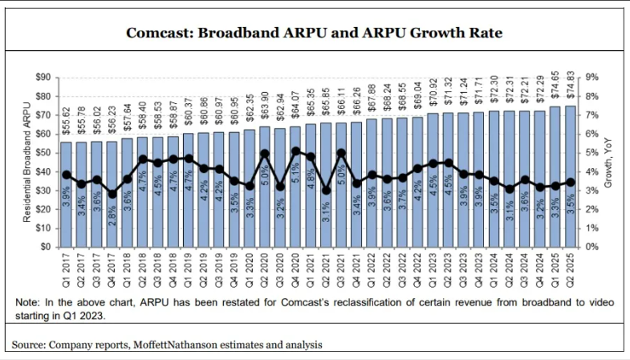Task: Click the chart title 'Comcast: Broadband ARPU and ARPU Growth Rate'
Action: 314,33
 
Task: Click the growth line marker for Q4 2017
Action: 113,194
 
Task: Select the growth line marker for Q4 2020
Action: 296,151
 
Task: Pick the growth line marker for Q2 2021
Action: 326,190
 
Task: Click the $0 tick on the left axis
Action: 47,247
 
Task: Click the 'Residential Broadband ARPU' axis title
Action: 26,163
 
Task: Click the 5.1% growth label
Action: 296,178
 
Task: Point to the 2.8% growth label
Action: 113,218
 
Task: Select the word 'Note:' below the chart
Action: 27,302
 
